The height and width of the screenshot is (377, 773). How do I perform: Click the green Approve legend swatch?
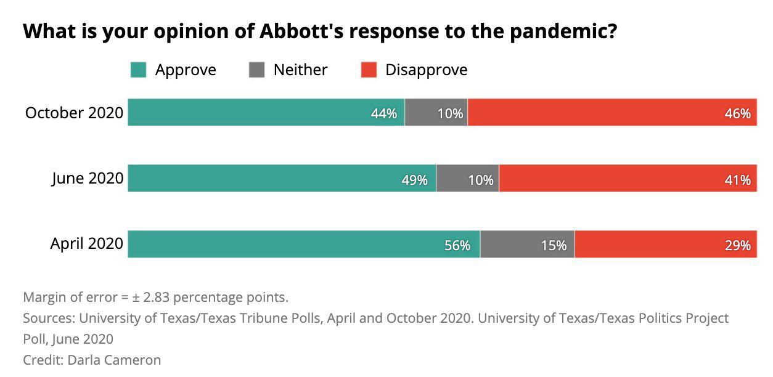[x=138, y=70]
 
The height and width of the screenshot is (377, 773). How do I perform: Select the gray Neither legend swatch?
[x=256, y=70]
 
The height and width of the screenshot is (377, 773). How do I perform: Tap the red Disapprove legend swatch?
[x=369, y=70]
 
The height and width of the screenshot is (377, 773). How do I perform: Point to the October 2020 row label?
[x=74, y=113]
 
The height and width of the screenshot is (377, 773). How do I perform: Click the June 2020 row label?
[x=87, y=179]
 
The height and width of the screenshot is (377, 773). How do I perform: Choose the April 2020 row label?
[x=86, y=245]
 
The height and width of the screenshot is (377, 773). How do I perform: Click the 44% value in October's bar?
[x=383, y=114]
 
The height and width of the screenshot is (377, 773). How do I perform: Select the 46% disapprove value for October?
[x=737, y=114]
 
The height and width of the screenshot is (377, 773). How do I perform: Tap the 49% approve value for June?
[x=414, y=180]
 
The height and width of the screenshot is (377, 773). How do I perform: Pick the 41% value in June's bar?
[x=737, y=180]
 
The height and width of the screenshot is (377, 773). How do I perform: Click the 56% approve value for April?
[x=457, y=246]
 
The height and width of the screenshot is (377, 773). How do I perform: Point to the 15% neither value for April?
[x=553, y=246]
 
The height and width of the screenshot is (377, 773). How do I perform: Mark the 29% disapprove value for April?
[x=737, y=246]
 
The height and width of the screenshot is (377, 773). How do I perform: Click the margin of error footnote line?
[x=155, y=298]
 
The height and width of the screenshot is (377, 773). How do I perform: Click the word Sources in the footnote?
[x=47, y=318]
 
